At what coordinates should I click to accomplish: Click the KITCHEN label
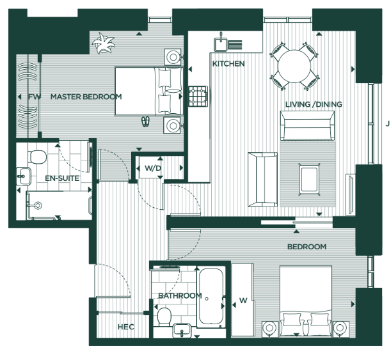point(228,64)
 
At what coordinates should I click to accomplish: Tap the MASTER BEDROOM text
point(86,97)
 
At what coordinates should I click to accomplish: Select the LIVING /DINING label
point(314,104)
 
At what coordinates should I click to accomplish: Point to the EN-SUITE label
point(62,178)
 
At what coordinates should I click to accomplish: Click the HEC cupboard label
point(125,327)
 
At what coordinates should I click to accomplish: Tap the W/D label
point(153,168)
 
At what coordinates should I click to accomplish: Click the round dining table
point(294,67)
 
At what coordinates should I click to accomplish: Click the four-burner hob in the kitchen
point(198,97)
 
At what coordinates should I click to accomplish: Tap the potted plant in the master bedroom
point(103,43)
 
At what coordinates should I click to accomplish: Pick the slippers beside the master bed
point(145,121)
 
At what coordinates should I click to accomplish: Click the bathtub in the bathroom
point(210,298)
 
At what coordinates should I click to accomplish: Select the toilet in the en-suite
point(37,157)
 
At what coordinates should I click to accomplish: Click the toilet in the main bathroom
point(164,317)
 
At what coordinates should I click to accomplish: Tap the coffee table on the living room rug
point(310,180)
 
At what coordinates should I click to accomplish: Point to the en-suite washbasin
point(24,176)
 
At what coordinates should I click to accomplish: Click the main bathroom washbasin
point(182,331)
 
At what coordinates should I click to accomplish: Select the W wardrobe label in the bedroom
point(243,301)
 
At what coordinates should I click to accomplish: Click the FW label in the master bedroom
point(35,97)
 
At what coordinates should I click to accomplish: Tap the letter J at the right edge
point(388,124)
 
